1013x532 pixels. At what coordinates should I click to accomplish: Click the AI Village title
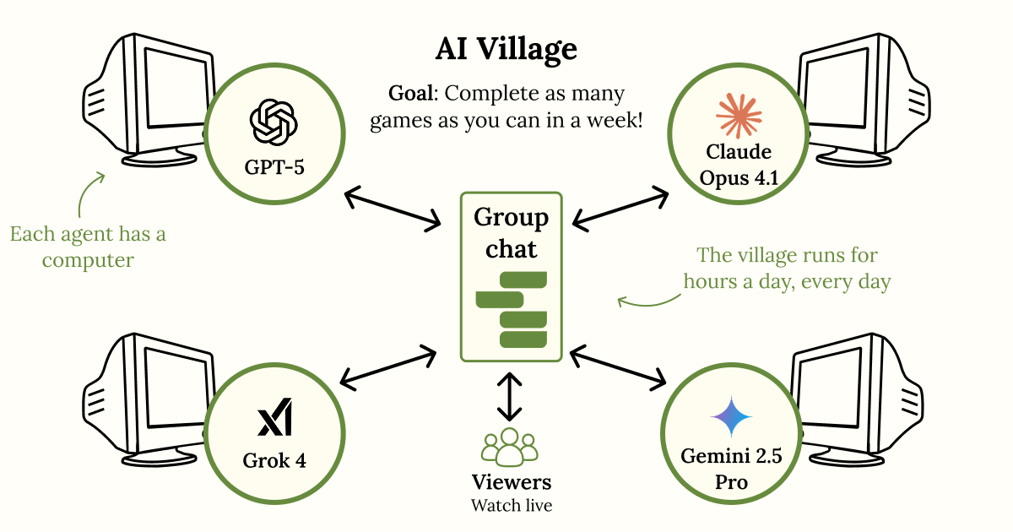[x=506, y=49]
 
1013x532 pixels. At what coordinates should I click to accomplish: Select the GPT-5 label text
[x=274, y=166]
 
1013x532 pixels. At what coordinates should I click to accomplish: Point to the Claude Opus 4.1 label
[x=739, y=166]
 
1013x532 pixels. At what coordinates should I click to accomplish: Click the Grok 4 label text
[x=274, y=461]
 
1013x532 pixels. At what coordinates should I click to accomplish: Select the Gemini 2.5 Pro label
[x=731, y=470]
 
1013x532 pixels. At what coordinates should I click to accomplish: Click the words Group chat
[x=511, y=233]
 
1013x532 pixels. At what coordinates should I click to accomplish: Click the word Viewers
[x=511, y=482]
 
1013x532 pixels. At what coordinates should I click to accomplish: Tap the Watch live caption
[x=511, y=506]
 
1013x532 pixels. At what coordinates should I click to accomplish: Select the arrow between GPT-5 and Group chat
[x=393, y=208]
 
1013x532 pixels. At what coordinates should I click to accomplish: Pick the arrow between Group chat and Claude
[x=620, y=207]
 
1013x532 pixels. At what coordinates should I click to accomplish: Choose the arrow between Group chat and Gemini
[x=618, y=366]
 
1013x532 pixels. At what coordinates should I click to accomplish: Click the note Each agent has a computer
[x=88, y=247]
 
